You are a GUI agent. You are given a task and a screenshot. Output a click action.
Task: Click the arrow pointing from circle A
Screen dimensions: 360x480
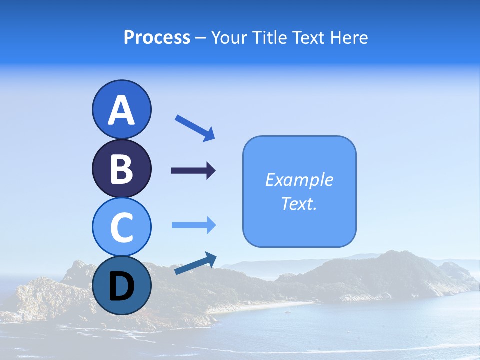[195, 128]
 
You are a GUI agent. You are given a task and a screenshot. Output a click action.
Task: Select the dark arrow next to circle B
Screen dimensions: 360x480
[193, 171]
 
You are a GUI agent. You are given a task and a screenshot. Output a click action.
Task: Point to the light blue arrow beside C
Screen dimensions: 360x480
[194, 225]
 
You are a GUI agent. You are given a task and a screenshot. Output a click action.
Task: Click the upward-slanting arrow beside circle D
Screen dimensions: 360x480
[195, 263]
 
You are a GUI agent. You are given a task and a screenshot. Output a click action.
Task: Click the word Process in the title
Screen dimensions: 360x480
[157, 37]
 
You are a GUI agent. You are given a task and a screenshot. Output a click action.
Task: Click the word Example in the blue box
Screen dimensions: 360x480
[299, 180]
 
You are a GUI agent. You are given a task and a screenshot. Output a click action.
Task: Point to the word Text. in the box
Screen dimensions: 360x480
[299, 203]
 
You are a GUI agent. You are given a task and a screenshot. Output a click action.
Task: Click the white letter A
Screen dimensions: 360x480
[121, 111]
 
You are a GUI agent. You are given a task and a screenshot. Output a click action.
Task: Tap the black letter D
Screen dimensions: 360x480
[121, 287]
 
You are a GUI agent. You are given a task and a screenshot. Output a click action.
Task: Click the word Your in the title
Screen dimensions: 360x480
[229, 37]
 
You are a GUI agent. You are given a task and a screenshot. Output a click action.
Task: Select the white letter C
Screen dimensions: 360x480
[121, 227]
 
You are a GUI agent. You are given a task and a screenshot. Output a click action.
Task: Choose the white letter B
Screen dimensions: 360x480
[121, 169]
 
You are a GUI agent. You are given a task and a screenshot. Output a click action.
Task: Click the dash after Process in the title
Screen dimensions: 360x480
[201, 38]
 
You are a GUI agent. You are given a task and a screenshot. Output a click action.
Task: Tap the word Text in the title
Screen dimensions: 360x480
[309, 37]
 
